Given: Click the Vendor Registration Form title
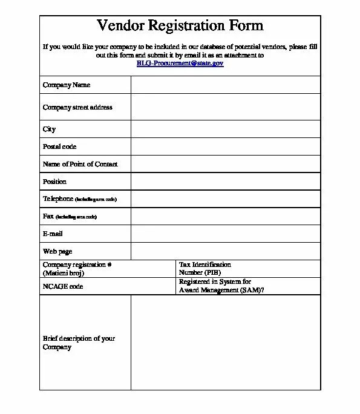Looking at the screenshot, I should click(180, 25).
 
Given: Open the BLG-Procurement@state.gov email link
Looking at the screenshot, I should click(180, 63).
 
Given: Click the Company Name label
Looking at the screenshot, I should click(67, 85).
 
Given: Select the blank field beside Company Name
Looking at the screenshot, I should click(225, 85).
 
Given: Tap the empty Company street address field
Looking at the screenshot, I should click(225, 107).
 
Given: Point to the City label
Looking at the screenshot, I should click(49, 129).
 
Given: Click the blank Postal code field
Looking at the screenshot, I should click(225, 146).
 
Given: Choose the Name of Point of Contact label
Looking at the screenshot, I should click(80, 164).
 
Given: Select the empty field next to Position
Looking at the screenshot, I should click(225, 182).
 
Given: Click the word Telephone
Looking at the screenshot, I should click(58, 199).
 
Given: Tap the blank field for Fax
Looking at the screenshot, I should click(225, 216).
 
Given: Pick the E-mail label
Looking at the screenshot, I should click(53, 234).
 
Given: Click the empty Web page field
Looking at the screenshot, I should click(225, 251).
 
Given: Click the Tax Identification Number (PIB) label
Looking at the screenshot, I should click(205, 269).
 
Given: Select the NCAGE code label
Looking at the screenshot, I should click(63, 286).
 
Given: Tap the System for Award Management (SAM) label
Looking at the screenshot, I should click(221, 286).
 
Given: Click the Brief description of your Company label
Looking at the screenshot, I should click(79, 343).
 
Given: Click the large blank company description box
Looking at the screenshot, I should click(225, 343).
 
